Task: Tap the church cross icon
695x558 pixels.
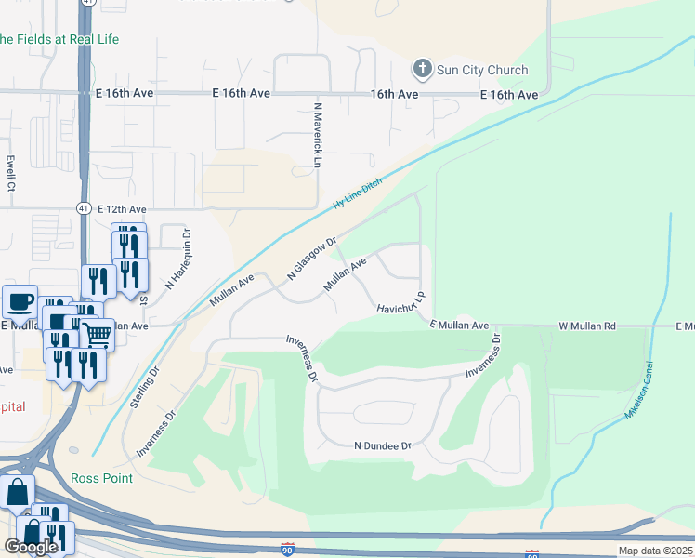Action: [x=422, y=69]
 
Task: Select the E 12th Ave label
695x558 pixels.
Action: [x=122, y=209]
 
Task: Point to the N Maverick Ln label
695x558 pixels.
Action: [x=317, y=135]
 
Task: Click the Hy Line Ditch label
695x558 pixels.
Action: [x=358, y=194]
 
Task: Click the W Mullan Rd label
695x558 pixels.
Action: [x=586, y=326]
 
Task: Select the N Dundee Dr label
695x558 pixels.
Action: [x=382, y=446]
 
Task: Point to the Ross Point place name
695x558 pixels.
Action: [x=101, y=478]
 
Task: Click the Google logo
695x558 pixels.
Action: [x=31, y=547]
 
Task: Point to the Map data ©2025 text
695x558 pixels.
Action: [x=655, y=551]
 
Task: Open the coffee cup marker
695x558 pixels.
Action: [x=20, y=301]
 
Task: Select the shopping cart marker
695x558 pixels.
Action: [x=96, y=333]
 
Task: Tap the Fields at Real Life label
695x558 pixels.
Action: [x=59, y=39]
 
